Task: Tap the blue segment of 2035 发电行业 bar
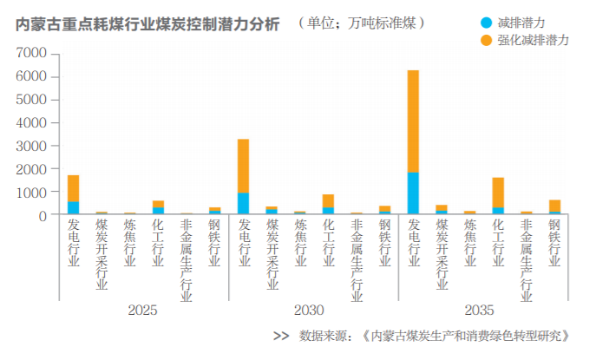tap(413, 193)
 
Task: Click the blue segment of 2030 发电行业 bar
tap(243, 203)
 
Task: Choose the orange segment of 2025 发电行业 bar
tap(73, 188)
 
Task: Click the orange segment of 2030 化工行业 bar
tap(328, 200)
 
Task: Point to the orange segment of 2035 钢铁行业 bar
tap(554, 205)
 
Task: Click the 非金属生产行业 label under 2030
tap(357, 259)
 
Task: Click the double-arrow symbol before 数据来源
tap(280, 337)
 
